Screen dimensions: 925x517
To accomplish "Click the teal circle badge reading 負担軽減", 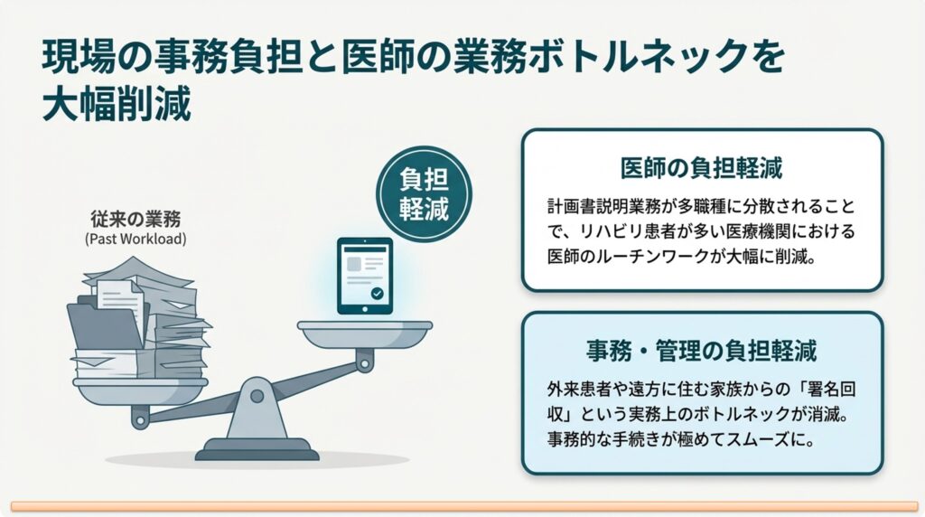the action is [x=425, y=194].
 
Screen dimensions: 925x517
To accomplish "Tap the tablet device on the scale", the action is [x=365, y=276].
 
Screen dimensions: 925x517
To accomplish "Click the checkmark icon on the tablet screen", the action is [x=377, y=294].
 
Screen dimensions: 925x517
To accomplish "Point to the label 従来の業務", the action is [x=135, y=219].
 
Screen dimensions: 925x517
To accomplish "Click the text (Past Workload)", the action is [x=135, y=239].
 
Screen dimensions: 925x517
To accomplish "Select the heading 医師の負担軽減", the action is [x=701, y=168].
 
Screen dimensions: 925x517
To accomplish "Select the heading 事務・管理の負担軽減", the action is [x=701, y=351].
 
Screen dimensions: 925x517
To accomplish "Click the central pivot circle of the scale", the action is [x=257, y=395].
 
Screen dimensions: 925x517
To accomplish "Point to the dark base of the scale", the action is [x=257, y=450].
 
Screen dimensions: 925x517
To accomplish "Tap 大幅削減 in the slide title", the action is [x=117, y=105].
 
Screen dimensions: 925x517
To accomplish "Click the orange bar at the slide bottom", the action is [x=465, y=506].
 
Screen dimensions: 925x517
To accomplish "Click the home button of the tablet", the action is [x=365, y=309].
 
